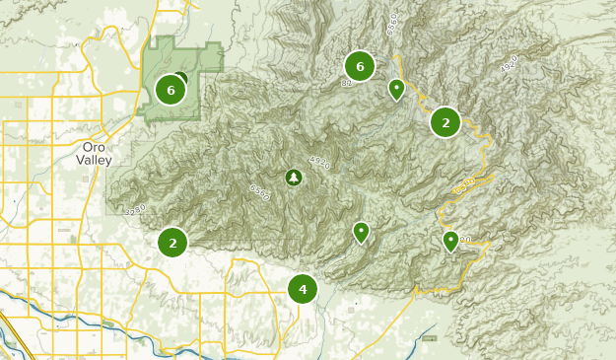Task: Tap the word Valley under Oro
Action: [x=95, y=160]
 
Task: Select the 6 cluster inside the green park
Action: [x=171, y=90]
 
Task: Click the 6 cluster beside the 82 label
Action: [x=360, y=66]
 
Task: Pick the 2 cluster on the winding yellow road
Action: [x=445, y=122]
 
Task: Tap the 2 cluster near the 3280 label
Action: [x=172, y=242]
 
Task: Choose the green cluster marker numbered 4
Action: [x=303, y=289]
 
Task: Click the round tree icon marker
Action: [x=293, y=178]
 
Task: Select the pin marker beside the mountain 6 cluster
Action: [x=396, y=90]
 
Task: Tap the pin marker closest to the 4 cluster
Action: [x=362, y=232]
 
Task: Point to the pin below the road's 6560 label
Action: [x=451, y=240]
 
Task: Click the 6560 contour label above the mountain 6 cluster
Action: [x=392, y=23]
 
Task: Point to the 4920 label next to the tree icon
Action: [x=320, y=160]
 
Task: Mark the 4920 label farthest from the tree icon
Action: [x=510, y=64]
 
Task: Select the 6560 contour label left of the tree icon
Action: [x=260, y=189]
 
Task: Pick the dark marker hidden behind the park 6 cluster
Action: [x=181, y=79]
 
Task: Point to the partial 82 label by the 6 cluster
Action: [x=346, y=84]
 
